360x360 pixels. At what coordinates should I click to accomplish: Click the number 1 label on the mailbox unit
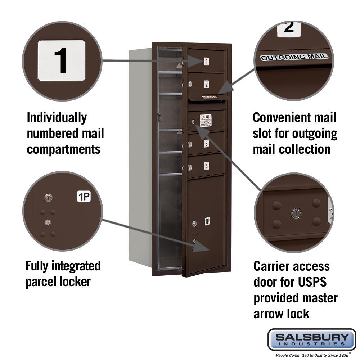click(206, 61)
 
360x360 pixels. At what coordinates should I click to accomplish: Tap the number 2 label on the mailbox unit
click(206, 84)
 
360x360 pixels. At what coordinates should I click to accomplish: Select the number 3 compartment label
click(206, 144)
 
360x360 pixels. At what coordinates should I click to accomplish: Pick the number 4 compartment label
click(206, 166)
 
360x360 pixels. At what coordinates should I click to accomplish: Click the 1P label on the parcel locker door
click(207, 221)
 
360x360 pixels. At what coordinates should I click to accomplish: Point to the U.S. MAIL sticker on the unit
click(206, 120)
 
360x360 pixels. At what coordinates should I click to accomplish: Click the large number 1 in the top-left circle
click(62, 60)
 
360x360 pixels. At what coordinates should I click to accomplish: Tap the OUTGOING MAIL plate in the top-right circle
click(294, 57)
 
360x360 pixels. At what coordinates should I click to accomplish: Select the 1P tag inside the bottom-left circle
click(84, 197)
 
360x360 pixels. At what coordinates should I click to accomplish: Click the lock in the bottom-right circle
click(296, 213)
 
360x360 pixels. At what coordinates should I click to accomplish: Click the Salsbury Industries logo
click(312, 339)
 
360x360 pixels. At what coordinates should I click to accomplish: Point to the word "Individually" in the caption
click(57, 117)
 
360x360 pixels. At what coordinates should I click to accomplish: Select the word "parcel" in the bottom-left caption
click(41, 281)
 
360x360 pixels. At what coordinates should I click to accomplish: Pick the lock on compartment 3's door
click(188, 145)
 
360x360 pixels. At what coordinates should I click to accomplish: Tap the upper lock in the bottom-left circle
click(48, 197)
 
